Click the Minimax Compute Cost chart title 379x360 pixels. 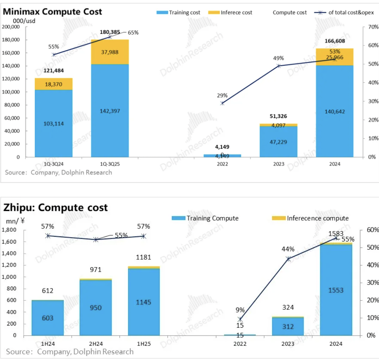52,11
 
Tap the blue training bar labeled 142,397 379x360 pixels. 110,111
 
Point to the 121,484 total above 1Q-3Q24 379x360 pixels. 53,70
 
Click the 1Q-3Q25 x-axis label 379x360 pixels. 110,164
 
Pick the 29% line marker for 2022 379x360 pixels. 223,103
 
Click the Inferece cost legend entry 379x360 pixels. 231,12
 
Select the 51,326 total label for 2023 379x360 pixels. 279,116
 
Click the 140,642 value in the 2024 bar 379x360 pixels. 334,111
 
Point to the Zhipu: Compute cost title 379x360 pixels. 56,207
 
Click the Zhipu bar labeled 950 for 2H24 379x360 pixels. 96,308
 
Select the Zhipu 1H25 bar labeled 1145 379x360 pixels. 144,302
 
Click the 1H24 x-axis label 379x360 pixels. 48,343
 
